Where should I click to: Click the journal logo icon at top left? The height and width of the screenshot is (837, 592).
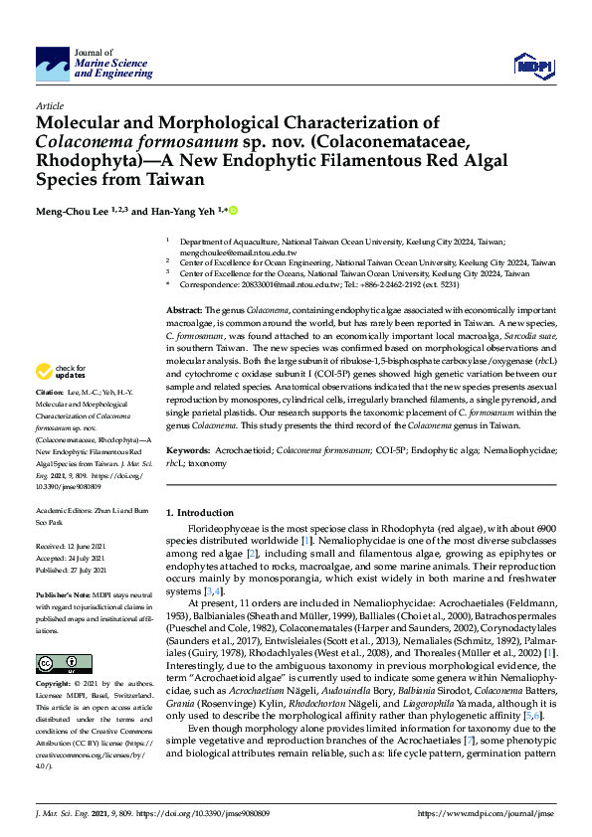53,67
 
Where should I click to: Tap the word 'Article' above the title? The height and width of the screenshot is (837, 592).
49,105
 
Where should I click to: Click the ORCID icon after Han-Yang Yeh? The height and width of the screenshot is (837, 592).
236,211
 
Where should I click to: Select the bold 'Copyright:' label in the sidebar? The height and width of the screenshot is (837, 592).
54,685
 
